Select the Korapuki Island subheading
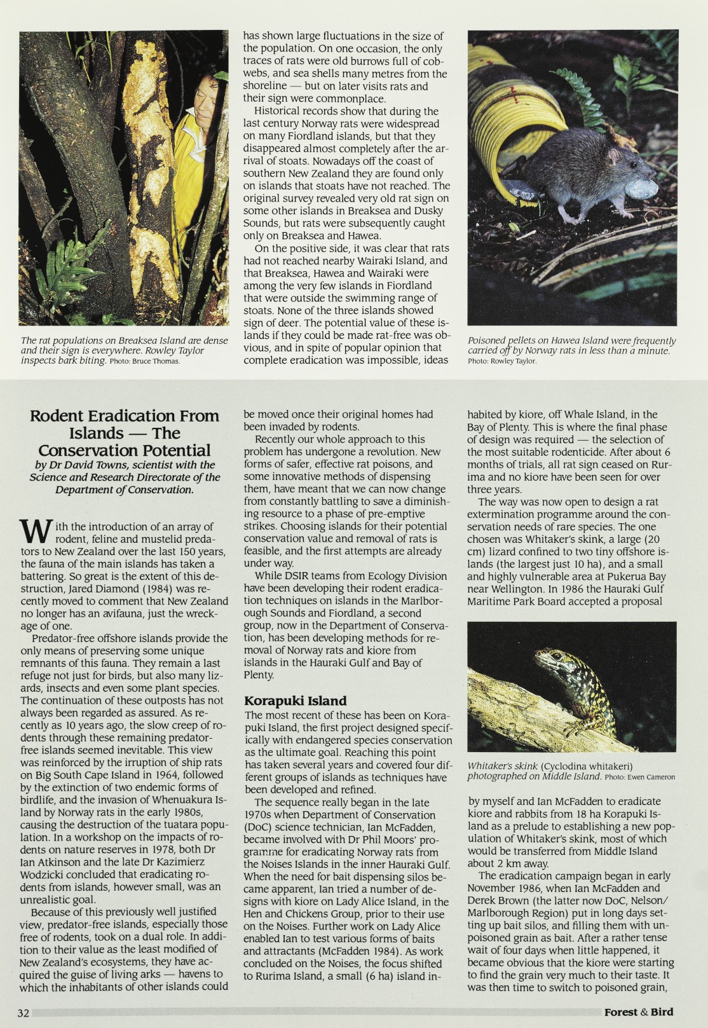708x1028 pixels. pyautogui.click(x=295, y=701)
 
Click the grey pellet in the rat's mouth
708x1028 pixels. pyautogui.click(x=641, y=188)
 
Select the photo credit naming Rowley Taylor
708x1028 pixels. pyautogui.click(x=502, y=361)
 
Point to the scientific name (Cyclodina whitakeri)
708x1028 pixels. pyautogui.click(x=587, y=766)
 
